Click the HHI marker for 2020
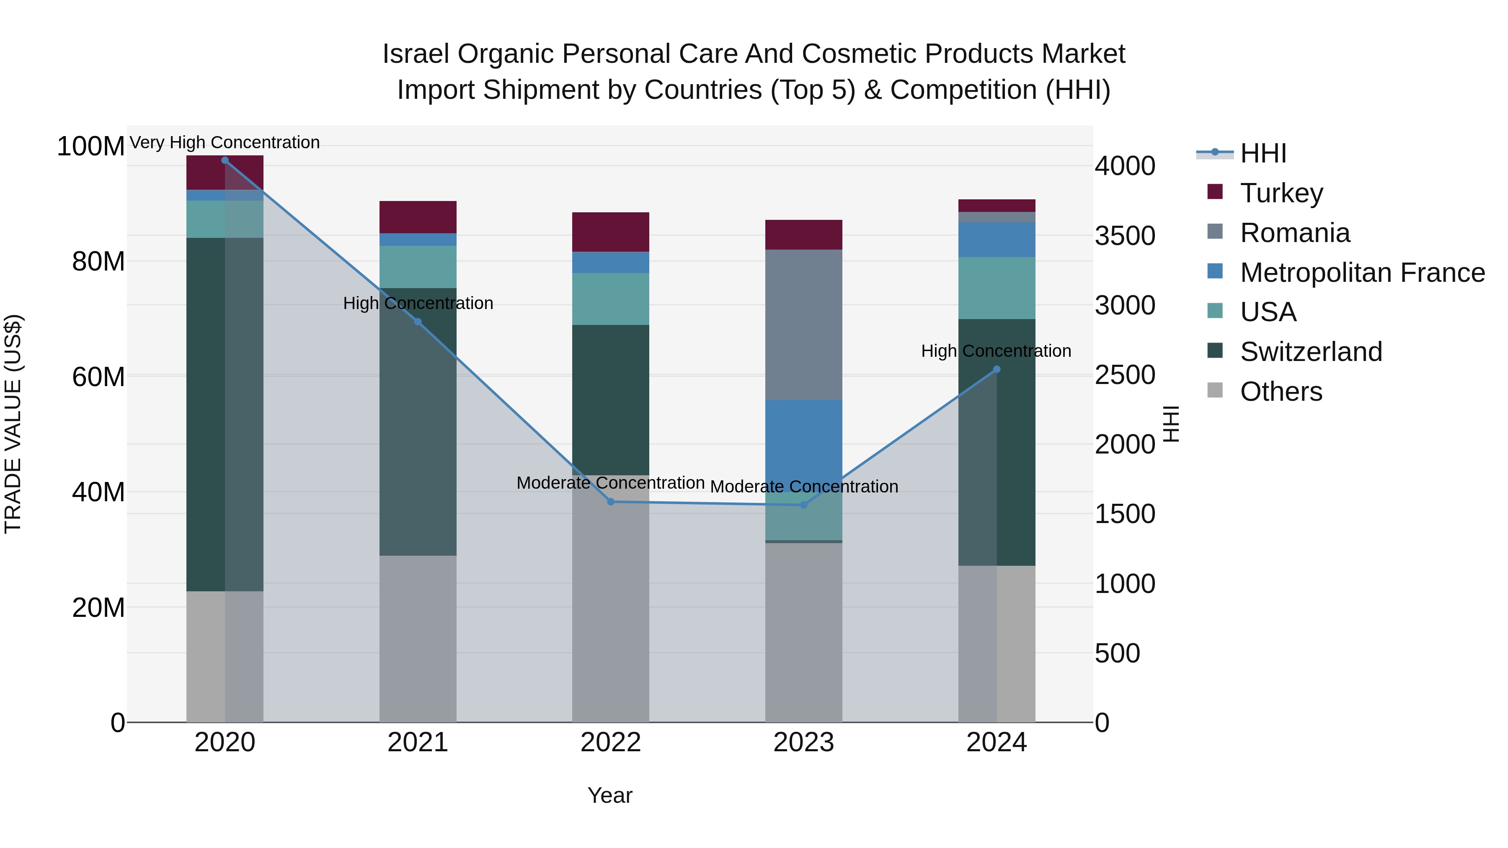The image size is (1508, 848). pos(225,160)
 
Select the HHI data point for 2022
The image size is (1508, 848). pos(611,502)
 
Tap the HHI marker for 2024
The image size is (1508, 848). pos(997,369)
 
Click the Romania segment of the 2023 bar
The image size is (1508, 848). pos(803,325)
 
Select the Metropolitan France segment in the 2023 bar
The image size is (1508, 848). pos(803,445)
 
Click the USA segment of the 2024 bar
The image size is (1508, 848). pos(997,288)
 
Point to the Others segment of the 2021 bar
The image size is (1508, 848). pos(417,638)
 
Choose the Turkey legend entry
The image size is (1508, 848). pos(1281,193)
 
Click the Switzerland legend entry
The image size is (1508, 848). pos(1310,352)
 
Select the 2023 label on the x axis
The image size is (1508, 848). pos(803,742)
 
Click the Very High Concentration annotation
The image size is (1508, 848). pos(225,142)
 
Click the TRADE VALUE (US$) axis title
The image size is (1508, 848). pos(13,424)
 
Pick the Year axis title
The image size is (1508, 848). pos(609,795)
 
